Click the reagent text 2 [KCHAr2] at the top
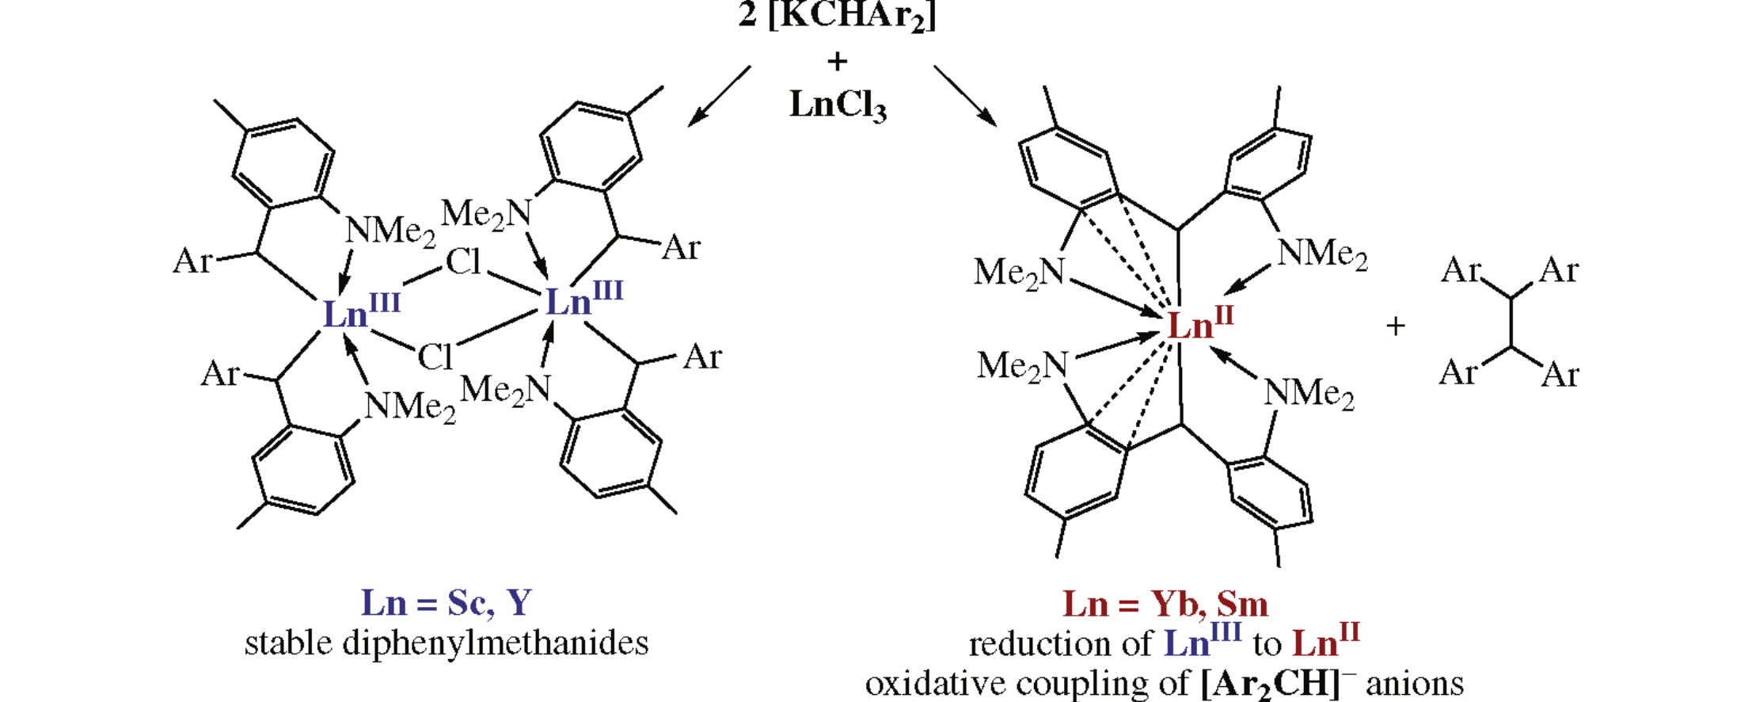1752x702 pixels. [x=837, y=16]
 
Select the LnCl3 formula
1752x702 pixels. [x=838, y=105]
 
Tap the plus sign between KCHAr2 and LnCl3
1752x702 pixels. [x=837, y=61]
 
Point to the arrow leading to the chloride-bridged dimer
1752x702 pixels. [x=719, y=96]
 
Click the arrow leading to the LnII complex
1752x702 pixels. [x=964, y=95]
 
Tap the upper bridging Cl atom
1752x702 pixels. [x=463, y=262]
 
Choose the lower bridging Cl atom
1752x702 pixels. [x=435, y=357]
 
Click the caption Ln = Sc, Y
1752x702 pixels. [x=447, y=603]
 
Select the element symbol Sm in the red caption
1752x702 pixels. [x=1242, y=605]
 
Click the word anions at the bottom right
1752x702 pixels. [x=1415, y=683]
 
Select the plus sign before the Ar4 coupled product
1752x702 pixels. [x=1396, y=326]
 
